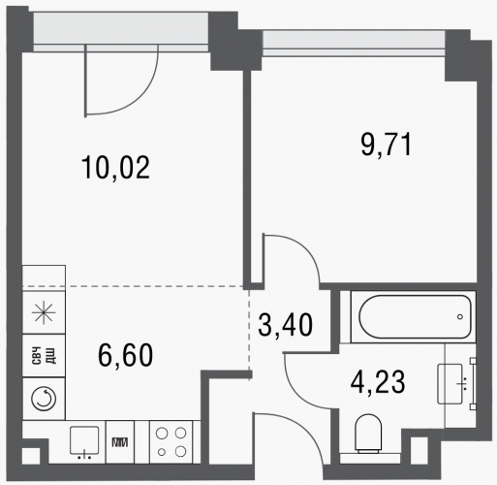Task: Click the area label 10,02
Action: coord(115,167)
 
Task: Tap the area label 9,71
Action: coord(387,145)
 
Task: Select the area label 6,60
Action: coord(125,355)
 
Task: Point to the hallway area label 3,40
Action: coord(286,325)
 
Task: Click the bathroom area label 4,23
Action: coord(378,382)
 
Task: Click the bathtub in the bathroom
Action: coord(415,316)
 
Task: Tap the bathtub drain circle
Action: coord(460,317)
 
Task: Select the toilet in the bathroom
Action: coord(368,434)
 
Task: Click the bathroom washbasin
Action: coord(450,384)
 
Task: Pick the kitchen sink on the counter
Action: coord(84,440)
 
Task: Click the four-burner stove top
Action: coord(171,441)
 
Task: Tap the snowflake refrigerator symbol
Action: coord(44,312)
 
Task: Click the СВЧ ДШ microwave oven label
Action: coord(44,355)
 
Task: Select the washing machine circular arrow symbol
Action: coord(44,398)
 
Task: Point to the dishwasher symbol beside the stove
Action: coord(120,442)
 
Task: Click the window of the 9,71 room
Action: coord(354,44)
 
